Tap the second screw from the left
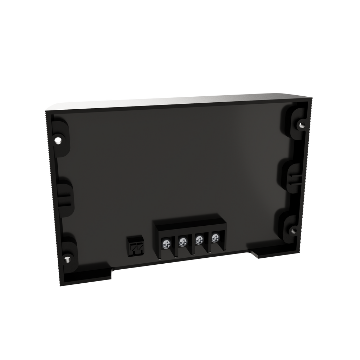tap(182, 242)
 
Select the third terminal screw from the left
tap(199, 240)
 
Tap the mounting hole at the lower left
tap(67, 259)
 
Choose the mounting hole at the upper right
tap(301, 124)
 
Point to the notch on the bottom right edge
tap(258, 255)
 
